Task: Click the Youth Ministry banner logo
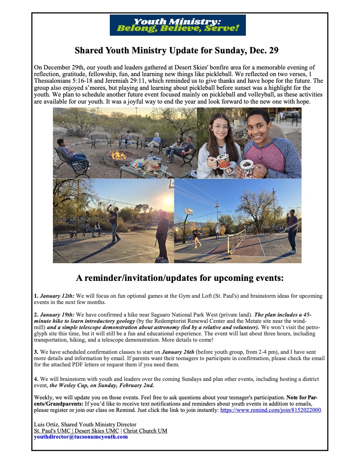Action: [178, 25]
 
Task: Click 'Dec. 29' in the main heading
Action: [265, 51]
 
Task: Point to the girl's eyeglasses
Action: [220, 128]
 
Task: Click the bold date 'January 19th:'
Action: [57, 315]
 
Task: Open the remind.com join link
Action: [271, 410]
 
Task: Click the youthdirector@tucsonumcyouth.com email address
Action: [81, 437]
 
